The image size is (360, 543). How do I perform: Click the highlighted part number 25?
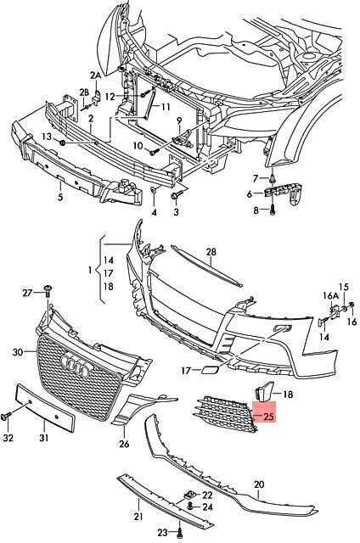268,417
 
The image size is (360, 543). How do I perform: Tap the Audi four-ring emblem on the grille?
74,366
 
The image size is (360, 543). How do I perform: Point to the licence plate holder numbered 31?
45,408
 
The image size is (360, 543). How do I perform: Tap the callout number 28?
211,252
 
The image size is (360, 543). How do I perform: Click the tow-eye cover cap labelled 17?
209,371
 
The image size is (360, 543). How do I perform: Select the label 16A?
330,295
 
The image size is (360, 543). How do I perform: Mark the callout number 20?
259,484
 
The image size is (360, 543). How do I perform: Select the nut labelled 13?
63,143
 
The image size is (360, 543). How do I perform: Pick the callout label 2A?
96,75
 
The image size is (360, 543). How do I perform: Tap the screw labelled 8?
273,210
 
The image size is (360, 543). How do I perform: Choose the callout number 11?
166,107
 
